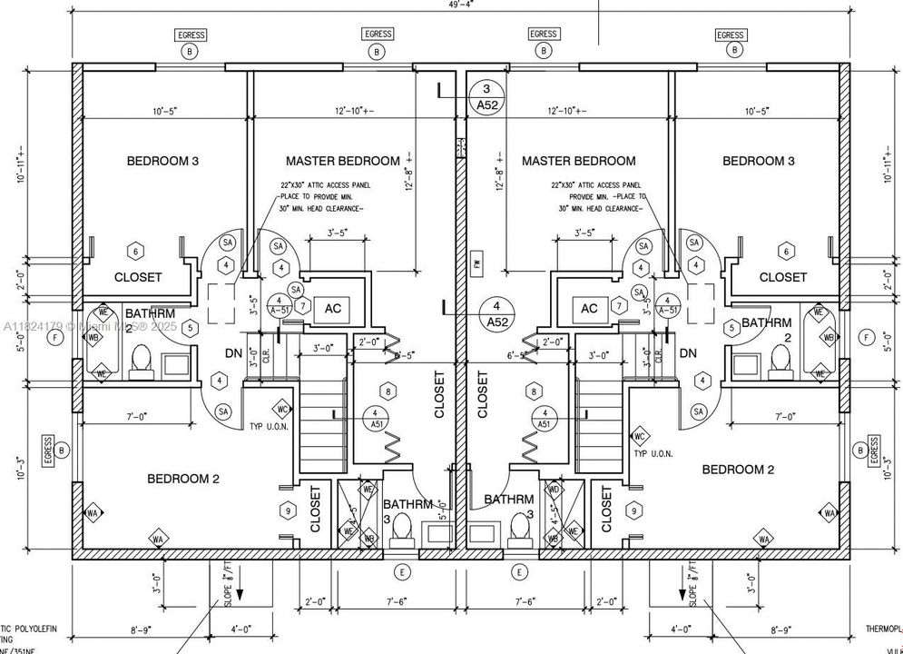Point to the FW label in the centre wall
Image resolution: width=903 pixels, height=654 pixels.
[x=476, y=264]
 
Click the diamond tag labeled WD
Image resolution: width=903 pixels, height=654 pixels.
[x=554, y=490]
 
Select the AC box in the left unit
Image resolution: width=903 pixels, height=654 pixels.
[x=332, y=309]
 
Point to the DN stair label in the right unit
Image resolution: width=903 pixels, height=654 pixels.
[x=688, y=353]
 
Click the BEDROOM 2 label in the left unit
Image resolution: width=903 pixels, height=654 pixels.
[x=183, y=479]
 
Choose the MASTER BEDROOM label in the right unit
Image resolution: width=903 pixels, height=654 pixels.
[x=578, y=161]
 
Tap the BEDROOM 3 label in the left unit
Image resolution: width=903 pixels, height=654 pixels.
[x=162, y=161]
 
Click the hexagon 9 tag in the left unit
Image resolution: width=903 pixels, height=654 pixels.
[x=289, y=512]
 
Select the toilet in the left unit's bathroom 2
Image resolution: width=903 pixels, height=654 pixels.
[x=139, y=364]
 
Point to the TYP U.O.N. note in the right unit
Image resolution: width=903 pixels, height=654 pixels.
[x=653, y=453]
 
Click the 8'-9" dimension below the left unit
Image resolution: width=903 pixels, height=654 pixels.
[x=140, y=629]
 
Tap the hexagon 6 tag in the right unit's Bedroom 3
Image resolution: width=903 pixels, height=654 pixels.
[x=786, y=251]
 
